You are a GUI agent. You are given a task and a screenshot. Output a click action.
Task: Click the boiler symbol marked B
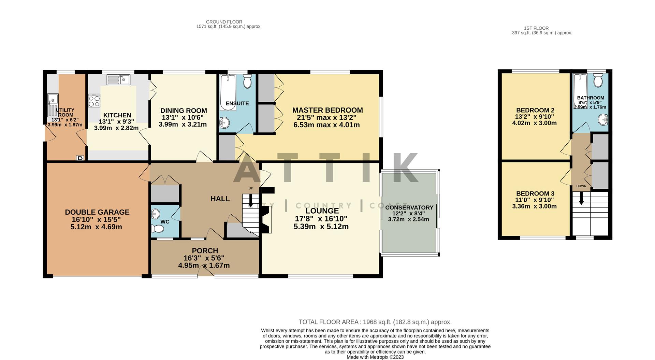pyautogui.click(x=80, y=158)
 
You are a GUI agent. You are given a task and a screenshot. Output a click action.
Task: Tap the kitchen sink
pyautogui.click(x=118, y=80)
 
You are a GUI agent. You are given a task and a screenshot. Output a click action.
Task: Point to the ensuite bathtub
pyautogui.click(x=228, y=92)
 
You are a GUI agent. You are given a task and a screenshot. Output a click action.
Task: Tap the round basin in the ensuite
pyautogui.click(x=225, y=122)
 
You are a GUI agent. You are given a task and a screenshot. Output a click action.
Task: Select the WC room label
pyautogui.click(x=165, y=222)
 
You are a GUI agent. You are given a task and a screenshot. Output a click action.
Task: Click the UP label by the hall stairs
pyautogui.click(x=251, y=188)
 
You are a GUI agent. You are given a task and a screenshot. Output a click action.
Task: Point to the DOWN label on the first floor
pyautogui.click(x=581, y=186)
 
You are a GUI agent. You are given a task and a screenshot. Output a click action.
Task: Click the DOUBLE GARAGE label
pyautogui.click(x=97, y=212)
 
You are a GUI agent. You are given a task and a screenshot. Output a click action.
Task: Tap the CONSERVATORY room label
pyautogui.click(x=409, y=207)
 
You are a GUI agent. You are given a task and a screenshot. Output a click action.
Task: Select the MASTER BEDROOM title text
pyautogui.click(x=327, y=110)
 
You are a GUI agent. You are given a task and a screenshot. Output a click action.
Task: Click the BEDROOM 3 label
pyautogui.click(x=535, y=193)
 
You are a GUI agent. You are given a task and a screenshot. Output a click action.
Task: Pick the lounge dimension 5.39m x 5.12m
pyautogui.click(x=321, y=227)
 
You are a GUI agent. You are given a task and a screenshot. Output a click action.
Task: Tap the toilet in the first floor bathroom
pyautogui.click(x=598, y=81)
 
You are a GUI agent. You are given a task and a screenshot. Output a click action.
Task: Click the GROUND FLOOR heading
pyautogui.click(x=224, y=22)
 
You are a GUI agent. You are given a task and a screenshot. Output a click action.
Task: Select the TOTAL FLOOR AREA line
pyautogui.click(x=375, y=322)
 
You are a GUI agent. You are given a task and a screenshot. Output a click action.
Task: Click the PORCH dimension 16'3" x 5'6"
pyautogui.click(x=204, y=258)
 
